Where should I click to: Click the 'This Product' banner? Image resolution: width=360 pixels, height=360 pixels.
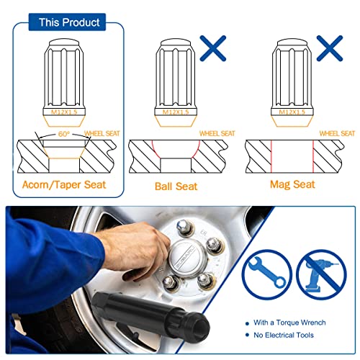pos(67,22)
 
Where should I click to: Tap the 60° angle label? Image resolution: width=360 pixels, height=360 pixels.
pos(64,134)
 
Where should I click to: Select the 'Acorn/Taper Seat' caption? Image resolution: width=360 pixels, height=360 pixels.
pos(64,185)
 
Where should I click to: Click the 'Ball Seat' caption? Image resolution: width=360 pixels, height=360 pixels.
pos(176,186)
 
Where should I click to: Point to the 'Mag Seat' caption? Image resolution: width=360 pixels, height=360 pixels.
pos(292,184)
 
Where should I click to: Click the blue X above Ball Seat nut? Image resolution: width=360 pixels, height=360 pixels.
pos(213,48)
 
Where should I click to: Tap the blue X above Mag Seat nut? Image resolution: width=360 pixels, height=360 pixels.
pos(330,48)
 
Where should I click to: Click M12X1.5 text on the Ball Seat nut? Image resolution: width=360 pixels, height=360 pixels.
pos(176,112)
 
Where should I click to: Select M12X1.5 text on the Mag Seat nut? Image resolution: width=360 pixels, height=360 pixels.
pos(292,112)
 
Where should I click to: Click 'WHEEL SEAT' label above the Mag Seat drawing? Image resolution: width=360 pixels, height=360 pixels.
pos(337,133)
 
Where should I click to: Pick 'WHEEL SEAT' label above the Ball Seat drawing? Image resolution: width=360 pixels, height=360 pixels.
pos(217,133)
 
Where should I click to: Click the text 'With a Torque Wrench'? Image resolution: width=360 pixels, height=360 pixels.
pos(289,323)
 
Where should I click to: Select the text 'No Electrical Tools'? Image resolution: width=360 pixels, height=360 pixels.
pos(284,335)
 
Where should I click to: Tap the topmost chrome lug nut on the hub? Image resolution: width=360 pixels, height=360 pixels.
pos(184,227)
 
